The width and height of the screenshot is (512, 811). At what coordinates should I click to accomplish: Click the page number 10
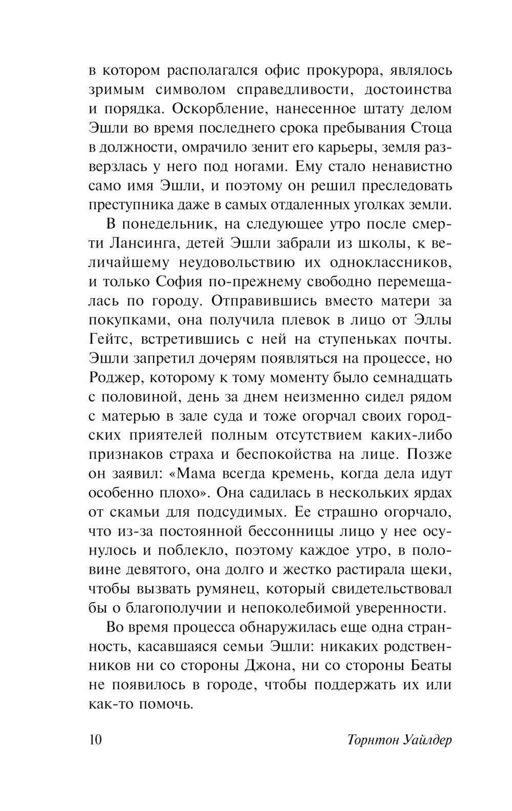coord(96,740)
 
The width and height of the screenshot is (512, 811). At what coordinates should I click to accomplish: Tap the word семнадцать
coord(403,378)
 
